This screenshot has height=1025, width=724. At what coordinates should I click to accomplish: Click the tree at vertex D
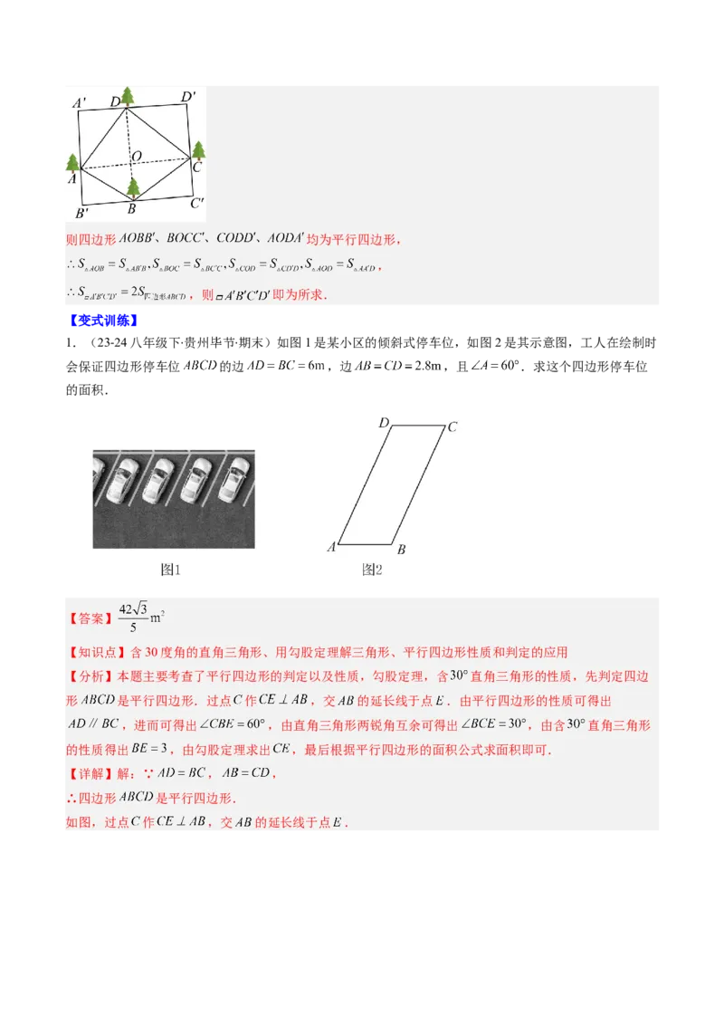tap(128, 96)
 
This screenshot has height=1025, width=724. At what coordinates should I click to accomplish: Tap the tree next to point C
tap(198, 150)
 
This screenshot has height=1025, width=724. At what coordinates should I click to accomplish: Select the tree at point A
tap(73, 164)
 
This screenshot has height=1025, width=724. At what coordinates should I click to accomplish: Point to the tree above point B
tap(133, 187)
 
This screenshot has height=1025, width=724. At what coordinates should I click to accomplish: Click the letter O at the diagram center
tap(137, 158)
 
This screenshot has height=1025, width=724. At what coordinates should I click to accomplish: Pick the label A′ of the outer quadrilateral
tap(80, 104)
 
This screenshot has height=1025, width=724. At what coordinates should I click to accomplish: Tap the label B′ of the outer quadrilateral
tap(81, 214)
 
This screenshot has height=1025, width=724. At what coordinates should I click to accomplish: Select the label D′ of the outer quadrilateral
tap(187, 97)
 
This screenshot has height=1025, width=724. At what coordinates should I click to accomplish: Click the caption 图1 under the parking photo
tap(171, 570)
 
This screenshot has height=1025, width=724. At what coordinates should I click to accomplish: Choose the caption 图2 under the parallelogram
tap(372, 570)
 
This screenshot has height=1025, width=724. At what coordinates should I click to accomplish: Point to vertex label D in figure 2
tap(383, 423)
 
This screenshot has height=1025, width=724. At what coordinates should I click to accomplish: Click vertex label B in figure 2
tap(401, 550)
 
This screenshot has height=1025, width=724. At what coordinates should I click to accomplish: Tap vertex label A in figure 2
tap(331, 547)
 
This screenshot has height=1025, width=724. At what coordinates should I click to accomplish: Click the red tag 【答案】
tap(89, 619)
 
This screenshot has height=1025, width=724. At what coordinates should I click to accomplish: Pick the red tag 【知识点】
tap(95, 652)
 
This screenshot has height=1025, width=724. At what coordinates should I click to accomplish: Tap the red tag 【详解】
tap(89, 774)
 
